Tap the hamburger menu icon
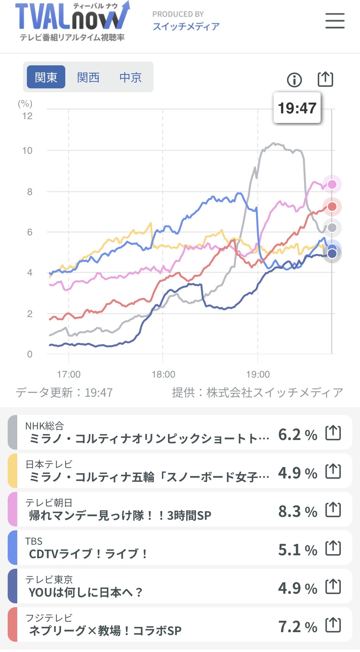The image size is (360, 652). coord(335,21)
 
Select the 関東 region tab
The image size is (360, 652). coord(46,77)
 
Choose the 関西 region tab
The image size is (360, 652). coord(88,77)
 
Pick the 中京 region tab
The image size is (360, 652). coord(131,77)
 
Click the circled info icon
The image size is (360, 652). coord(294,80)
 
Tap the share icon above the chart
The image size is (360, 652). coord(325,79)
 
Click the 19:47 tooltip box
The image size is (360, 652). coord(297,108)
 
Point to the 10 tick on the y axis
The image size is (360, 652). coord(28,151)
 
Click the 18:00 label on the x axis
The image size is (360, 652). coord(163,374)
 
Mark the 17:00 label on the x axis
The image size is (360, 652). coord(69,374)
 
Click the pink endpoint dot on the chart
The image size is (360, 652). coord(332,184)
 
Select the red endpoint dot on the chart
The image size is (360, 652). coord(332,207)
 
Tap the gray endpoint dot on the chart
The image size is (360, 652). coord(332,228)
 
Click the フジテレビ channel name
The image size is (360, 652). coord(49,618)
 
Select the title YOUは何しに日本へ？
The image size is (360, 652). coord(85,592)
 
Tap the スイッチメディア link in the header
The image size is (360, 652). coord(186,26)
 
